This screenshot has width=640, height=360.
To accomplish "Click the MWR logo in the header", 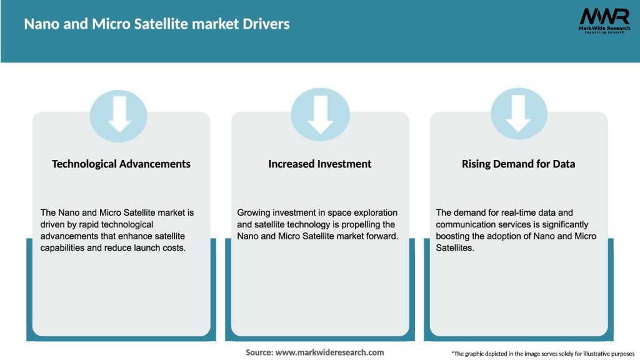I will (x=603, y=20).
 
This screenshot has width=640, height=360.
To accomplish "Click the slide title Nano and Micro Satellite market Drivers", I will (x=157, y=24).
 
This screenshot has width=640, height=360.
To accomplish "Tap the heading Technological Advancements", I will (x=121, y=164).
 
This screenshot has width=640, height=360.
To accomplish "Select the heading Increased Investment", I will (x=320, y=164).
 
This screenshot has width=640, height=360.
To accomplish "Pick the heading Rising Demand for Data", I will (x=519, y=164).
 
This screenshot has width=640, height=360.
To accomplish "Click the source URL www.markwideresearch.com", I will (x=330, y=352).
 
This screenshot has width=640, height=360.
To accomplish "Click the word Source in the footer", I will (x=259, y=352).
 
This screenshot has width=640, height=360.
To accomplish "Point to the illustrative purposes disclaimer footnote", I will (x=542, y=354).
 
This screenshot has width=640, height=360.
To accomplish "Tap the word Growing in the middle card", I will (x=254, y=212).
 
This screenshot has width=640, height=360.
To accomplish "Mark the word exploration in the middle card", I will (x=372, y=212).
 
